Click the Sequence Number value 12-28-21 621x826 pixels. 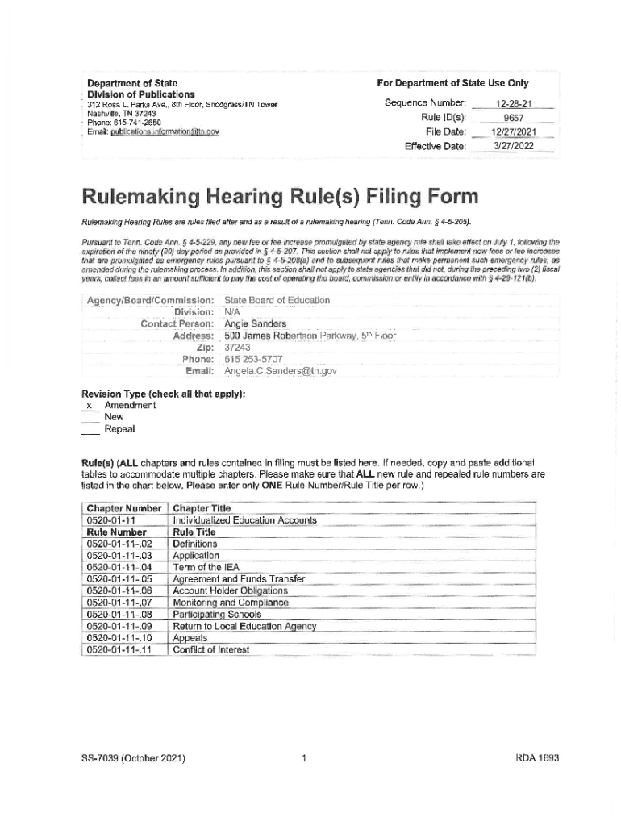point(513,104)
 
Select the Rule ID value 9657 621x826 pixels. point(513,119)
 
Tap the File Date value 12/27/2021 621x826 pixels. point(513,132)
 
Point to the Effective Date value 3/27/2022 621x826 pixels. point(513,146)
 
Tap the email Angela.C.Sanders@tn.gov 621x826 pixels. point(281,371)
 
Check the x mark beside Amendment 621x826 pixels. point(90,407)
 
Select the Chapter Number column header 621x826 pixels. point(124,508)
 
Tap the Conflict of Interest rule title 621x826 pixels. point(211,649)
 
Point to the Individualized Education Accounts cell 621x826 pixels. point(244,520)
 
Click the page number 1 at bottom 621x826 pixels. point(303,758)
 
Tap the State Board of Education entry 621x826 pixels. point(265,300)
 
